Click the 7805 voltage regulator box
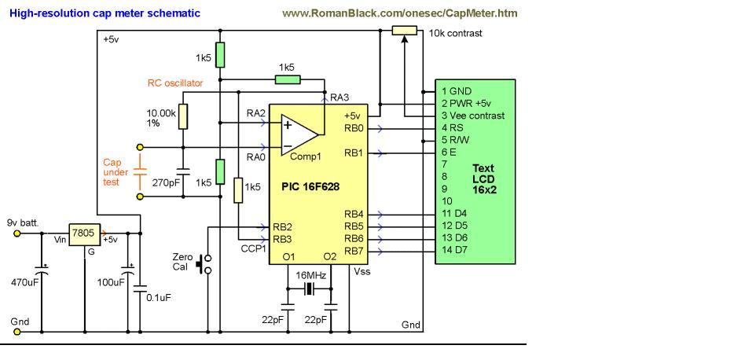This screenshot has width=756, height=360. pos(80,233)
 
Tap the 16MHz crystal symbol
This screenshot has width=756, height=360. pos(308,289)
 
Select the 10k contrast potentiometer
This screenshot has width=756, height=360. pos(404,31)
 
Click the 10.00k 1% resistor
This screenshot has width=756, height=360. pos(182,116)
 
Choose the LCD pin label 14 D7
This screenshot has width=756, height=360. pos(455,250)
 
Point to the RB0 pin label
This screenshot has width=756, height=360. pos(354,127)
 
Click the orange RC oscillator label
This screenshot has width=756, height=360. pos(174,83)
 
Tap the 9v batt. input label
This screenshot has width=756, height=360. pos(23,222)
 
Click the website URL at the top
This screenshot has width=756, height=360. pos(399,13)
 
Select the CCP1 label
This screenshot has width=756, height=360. pos(255,249)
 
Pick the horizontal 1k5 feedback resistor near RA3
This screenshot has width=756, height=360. pos(287,79)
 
